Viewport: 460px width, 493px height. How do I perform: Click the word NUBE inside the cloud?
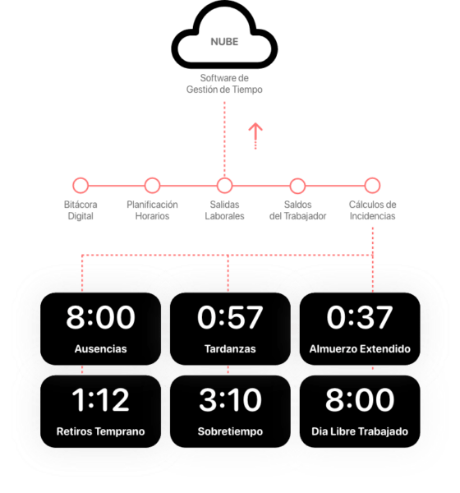click(x=224, y=42)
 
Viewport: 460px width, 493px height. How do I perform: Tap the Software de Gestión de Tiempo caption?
click(x=224, y=84)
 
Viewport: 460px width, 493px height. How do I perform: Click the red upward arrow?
click(x=255, y=136)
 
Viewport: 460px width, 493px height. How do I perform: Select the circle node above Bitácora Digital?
click(x=80, y=185)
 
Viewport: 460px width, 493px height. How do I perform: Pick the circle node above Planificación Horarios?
click(x=152, y=185)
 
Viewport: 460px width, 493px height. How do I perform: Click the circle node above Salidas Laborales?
click(x=224, y=185)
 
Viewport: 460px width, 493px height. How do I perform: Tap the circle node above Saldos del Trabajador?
click(x=297, y=185)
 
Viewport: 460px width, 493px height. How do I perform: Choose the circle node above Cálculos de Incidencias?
click(x=372, y=185)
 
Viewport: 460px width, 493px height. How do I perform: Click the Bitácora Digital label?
click(x=80, y=210)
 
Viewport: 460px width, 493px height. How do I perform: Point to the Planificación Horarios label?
click(x=152, y=210)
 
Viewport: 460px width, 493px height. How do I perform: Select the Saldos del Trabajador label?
click(x=297, y=210)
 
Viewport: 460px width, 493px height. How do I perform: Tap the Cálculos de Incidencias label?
click(x=372, y=210)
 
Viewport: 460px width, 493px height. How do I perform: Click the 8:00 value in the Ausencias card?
click(x=100, y=317)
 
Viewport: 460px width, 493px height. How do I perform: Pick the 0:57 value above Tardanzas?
click(x=230, y=317)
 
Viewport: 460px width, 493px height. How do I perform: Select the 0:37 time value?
click(x=360, y=317)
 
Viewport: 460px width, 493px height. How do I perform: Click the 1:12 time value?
click(x=100, y=399)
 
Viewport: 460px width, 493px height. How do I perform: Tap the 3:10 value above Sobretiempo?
click(x=230, y=399)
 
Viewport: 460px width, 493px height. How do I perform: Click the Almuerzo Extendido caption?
click(x=360, y=348)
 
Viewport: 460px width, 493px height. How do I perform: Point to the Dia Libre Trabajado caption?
click(x=360, y=431)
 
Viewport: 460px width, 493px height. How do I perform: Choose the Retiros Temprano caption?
click(x=100, y=431)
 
